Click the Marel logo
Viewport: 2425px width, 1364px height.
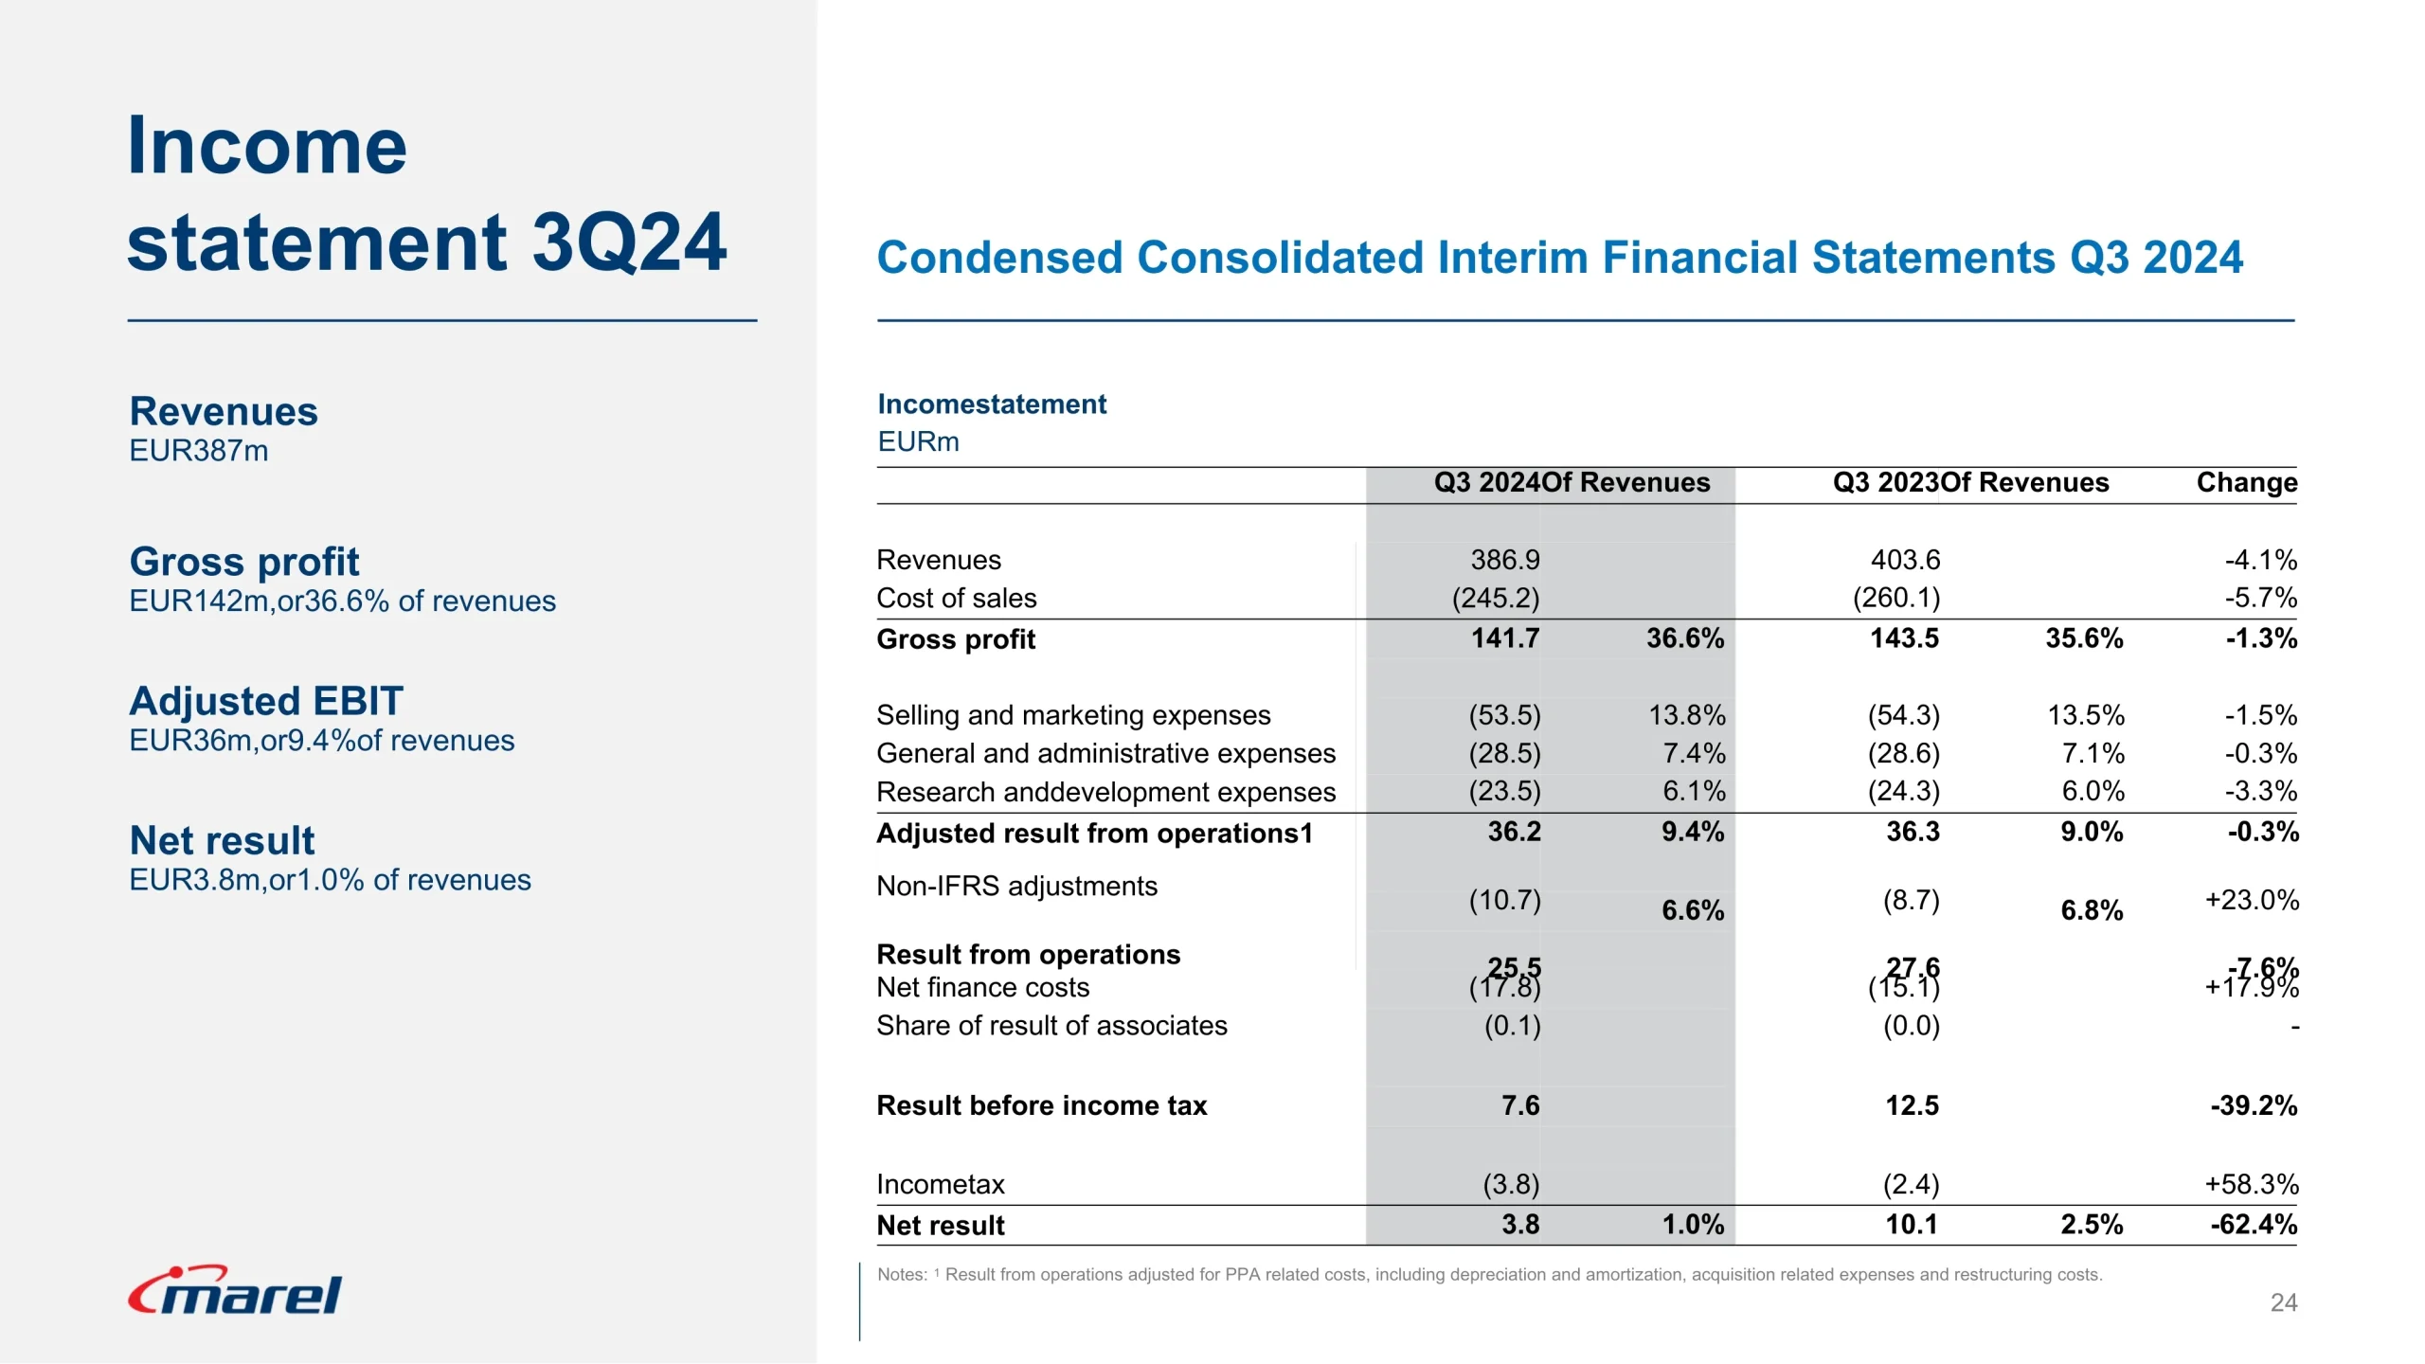pos(235,1291)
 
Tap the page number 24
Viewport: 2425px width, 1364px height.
pos(2283,1302)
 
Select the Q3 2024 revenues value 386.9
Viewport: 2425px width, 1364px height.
pos(1504,560)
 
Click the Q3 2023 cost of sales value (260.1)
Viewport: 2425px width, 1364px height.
pos(1895,598)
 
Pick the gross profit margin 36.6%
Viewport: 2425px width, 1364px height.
pos(1684,638)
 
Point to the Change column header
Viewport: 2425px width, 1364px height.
pos(2246,482)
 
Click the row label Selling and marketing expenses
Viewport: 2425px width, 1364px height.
pos(1073,715)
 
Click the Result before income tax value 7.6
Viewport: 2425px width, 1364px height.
pos(1519,1105)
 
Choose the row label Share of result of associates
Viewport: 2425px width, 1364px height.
pos(1051,1026)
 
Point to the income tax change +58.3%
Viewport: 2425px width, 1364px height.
pos(2251,1184)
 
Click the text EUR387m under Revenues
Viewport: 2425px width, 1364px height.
pos(199,451)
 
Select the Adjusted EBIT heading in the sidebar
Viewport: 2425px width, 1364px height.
pos(266,701)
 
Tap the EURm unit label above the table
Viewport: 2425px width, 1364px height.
pos(918,441)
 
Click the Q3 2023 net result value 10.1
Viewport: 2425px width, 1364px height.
pos(1911,1225)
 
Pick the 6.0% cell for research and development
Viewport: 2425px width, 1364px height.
pos(2093,791)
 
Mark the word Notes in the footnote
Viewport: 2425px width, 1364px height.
pos(901,1275)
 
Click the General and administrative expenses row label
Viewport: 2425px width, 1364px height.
pos(1105,753)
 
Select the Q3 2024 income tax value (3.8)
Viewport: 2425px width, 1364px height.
pos(1511,1184)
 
